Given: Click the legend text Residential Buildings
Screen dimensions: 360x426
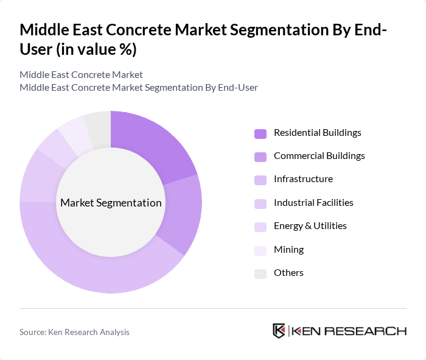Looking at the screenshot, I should (317, 133).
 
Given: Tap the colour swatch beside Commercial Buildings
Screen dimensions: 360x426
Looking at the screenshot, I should (260, 157).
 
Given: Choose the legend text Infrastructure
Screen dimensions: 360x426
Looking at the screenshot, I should (303, 179).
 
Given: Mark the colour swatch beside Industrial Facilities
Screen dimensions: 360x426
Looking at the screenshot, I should (260, 203).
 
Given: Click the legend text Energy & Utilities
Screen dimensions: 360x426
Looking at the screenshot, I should (310, 226).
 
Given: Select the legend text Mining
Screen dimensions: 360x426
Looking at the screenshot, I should (288, 249).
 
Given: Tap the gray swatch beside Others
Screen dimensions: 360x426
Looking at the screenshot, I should (260, 274).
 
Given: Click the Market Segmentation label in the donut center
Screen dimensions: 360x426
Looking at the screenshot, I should (111, 203).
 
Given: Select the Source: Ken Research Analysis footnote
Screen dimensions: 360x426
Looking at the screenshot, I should (74, 332).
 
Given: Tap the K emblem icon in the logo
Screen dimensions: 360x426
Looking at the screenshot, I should (279, 331).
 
